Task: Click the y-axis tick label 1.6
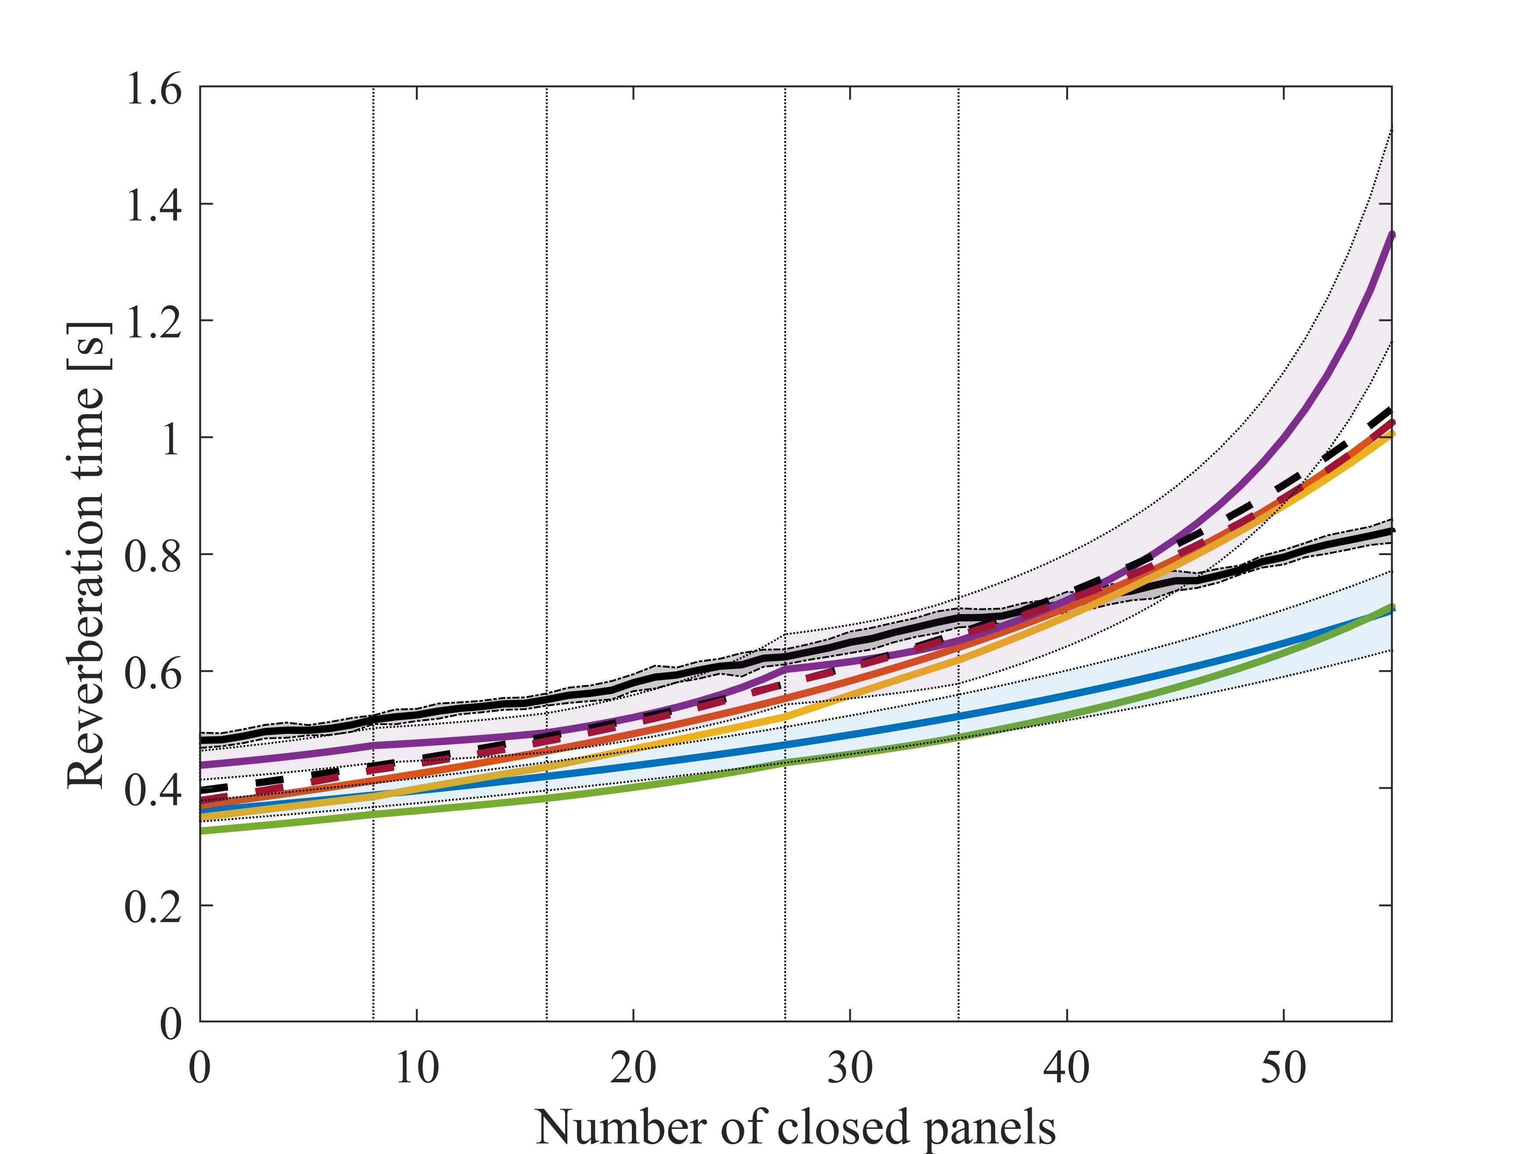coord(153,90)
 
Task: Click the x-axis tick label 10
coord(417,1068)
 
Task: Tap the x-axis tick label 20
coord(633,1068)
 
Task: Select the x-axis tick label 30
coord(850,1068)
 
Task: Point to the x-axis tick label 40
coord(1066,1068)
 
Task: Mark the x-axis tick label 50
coord(1283,1068)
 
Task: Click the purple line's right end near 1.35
coord(1391,235)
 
